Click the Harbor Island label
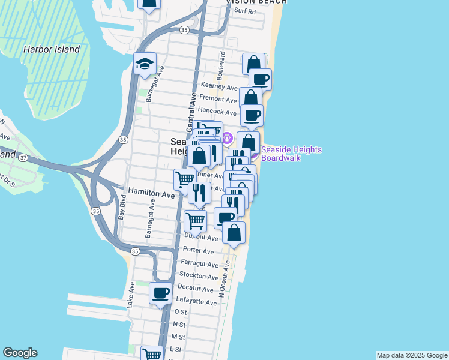coord(52,49)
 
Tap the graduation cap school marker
coord(144,65)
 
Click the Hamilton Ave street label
coord(151,194)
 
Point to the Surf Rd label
coord(245,11)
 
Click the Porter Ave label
coord(199,251)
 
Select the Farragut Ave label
coord(200,264)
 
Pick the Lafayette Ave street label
coord(197,302)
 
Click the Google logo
coord(20,353)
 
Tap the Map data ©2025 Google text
coord(412,355)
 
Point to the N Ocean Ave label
coord(224,279)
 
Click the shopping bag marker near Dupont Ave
coord(234,233)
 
